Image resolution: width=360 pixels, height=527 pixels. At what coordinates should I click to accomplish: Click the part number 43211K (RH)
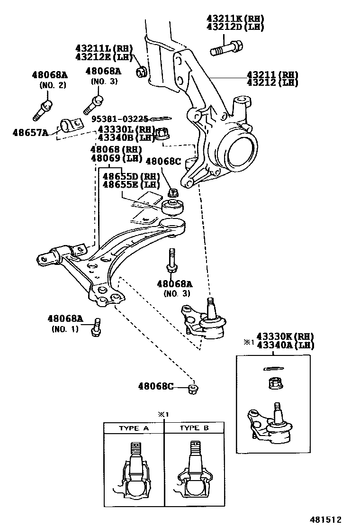pyautogui.click(x=235, y=19)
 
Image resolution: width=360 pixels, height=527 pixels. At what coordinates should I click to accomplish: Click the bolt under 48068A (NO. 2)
pyautogui.click(x=42, y=109)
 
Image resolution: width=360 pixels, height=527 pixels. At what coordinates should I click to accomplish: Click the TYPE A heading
pyautogui.click(x=134, y=428)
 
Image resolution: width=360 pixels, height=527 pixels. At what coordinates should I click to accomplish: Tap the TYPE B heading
pyautogui.click(x=194, y=428)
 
